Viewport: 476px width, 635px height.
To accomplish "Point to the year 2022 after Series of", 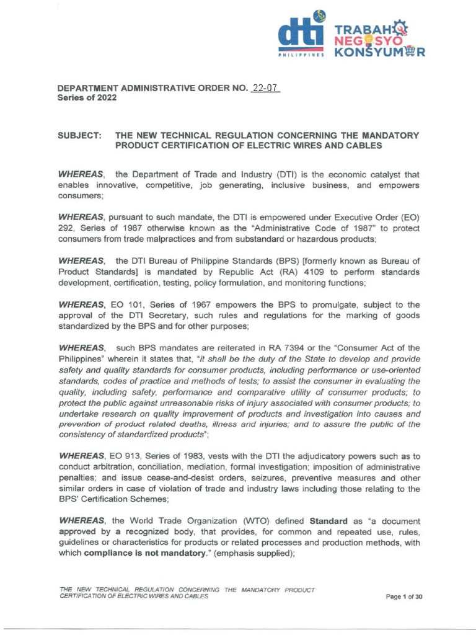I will point(104,98).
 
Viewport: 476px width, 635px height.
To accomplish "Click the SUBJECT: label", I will point(79,135).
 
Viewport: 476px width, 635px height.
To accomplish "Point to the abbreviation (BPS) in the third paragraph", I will point(233,262).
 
